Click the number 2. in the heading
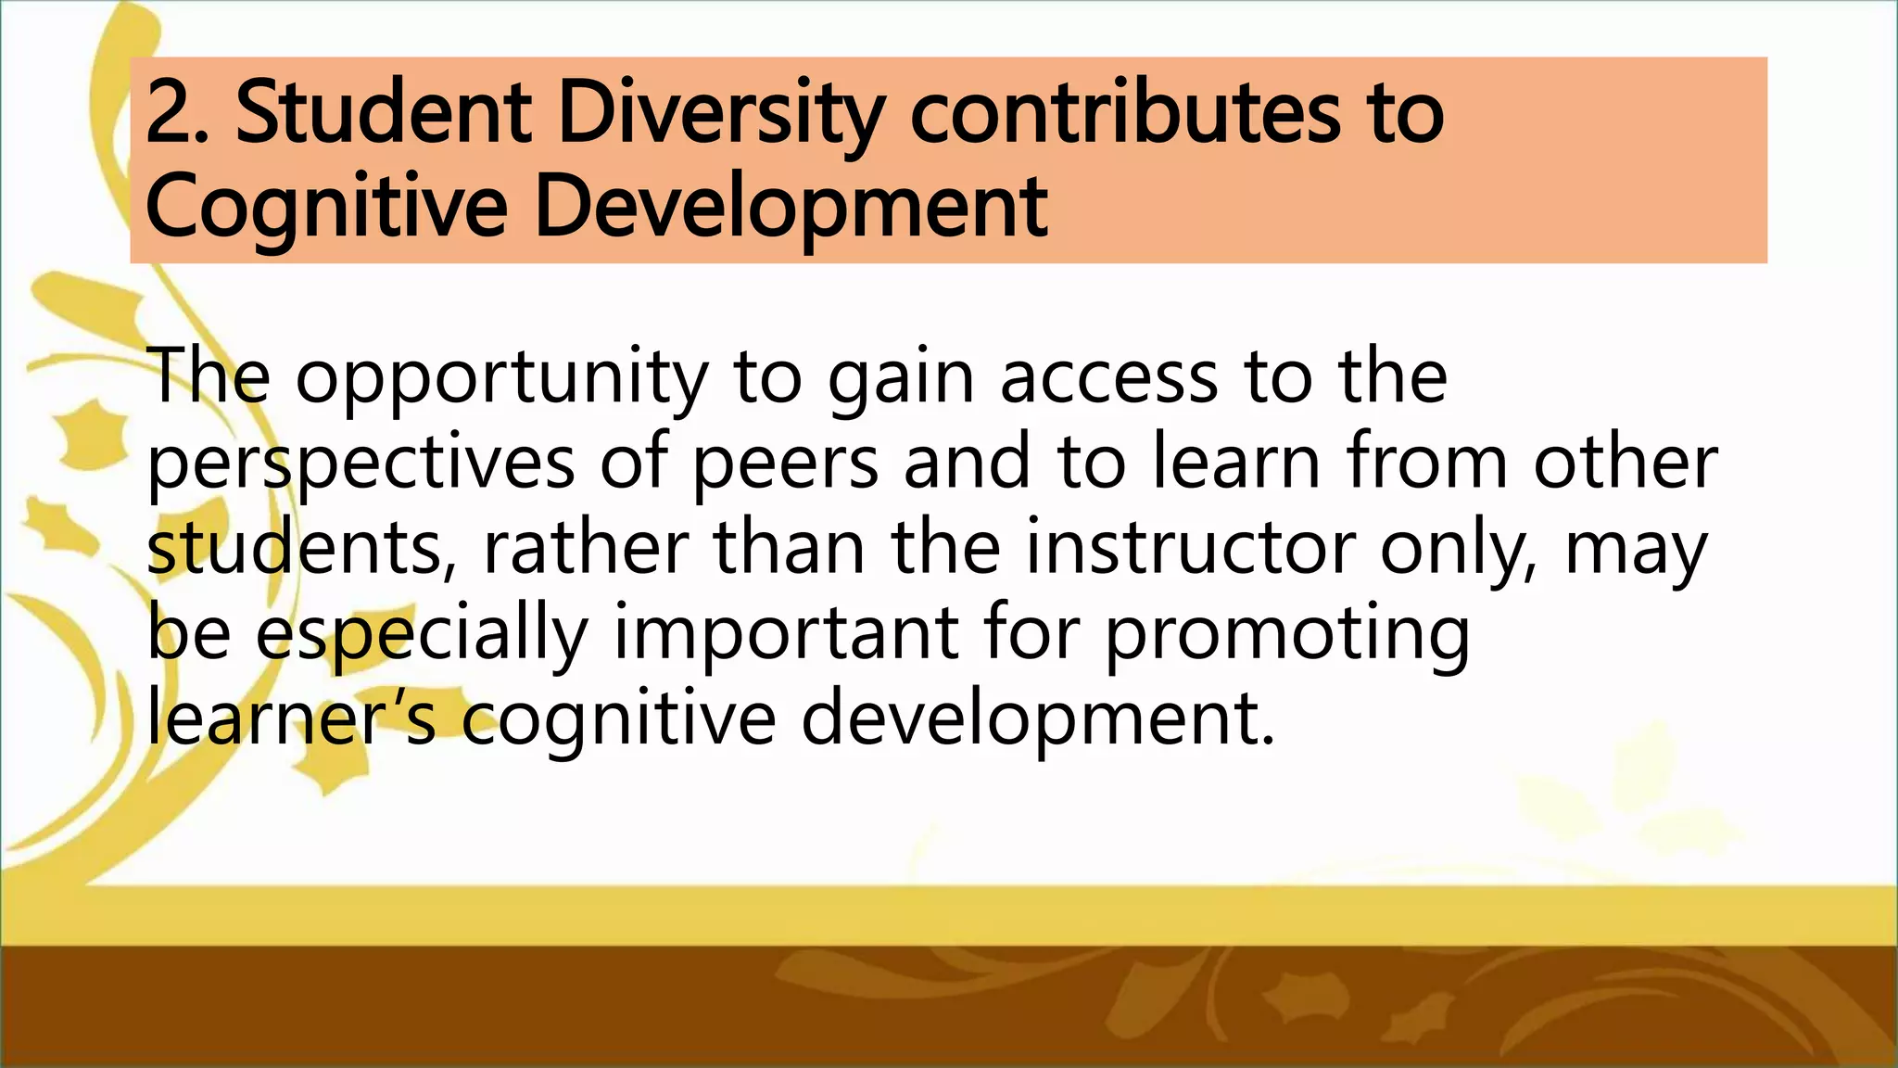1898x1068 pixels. click(x=180, y=114)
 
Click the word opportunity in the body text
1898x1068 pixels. click(x=501, y=379)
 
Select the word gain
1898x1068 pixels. click(x=900, y=379)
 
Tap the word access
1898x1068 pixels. click(x=1109, y=377)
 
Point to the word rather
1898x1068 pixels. click(x=586, y=548)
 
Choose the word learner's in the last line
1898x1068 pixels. click(x=291, y=718)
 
